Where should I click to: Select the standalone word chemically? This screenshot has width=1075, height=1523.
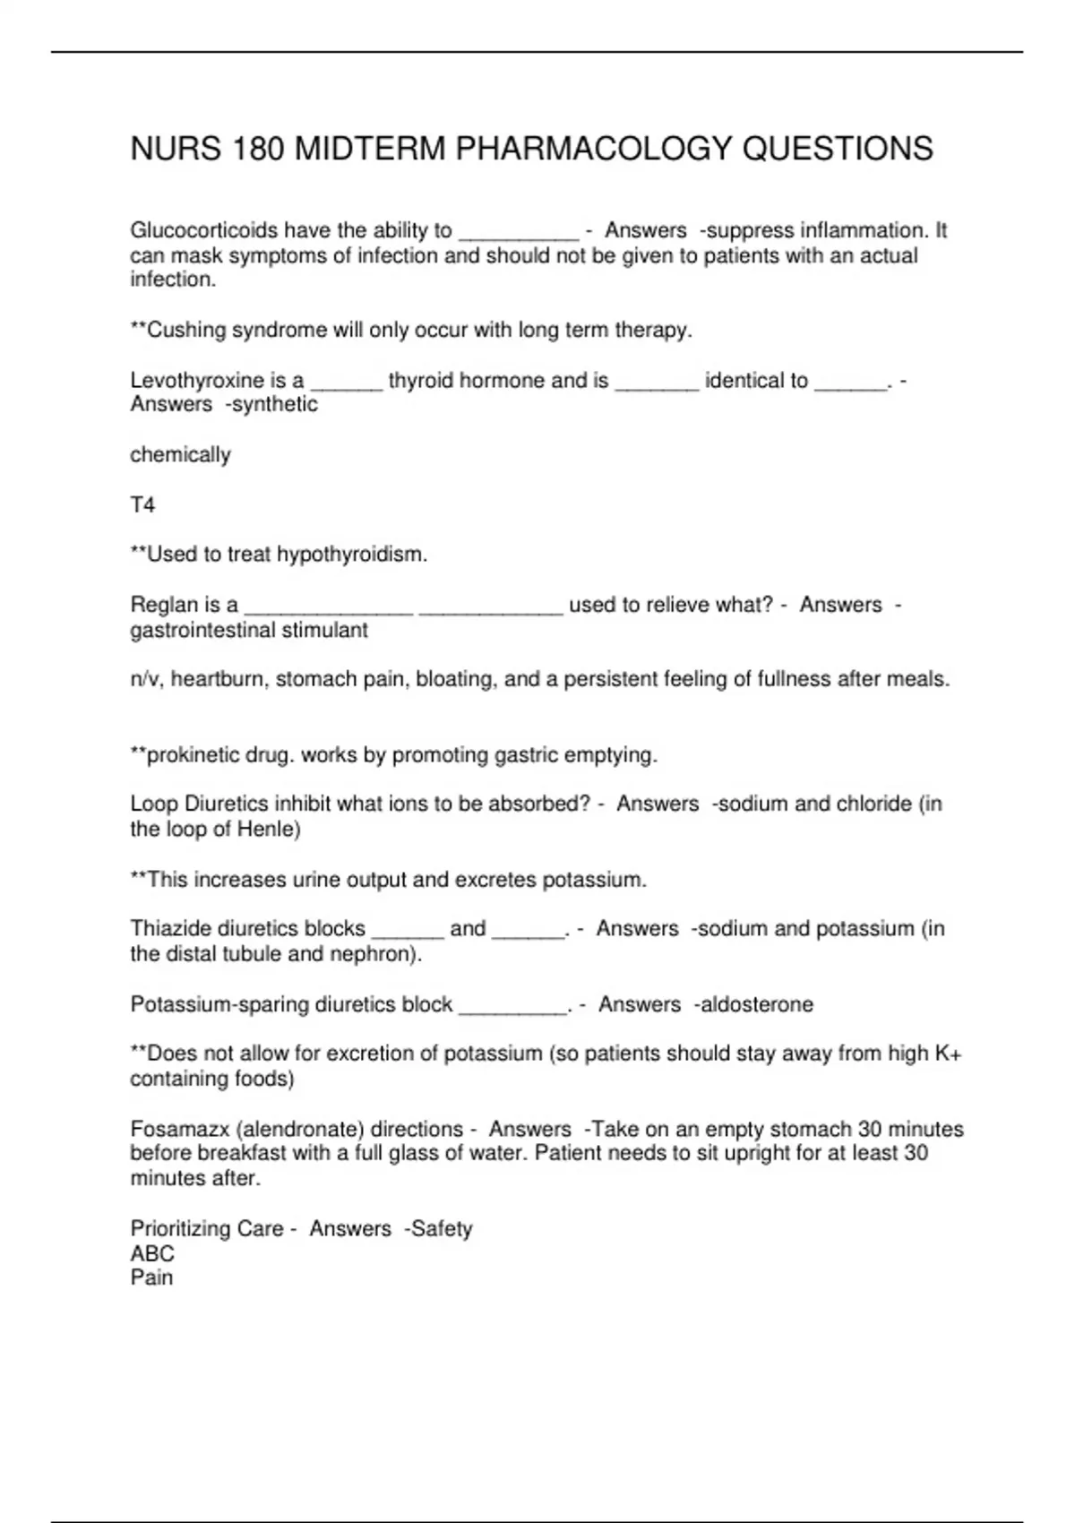180,455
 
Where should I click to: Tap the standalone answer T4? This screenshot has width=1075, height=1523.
142,505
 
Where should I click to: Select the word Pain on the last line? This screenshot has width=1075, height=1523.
151,1278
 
